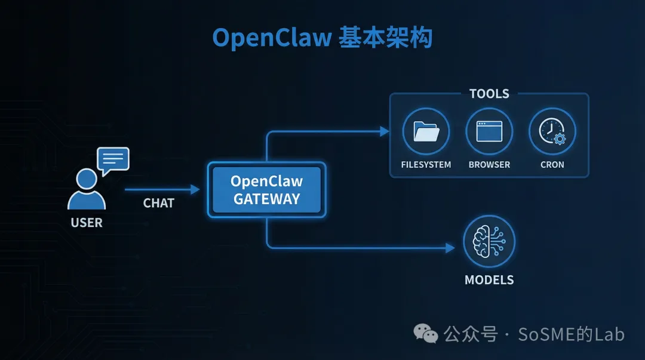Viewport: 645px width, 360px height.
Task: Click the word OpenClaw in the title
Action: pyautogui.click(x=272, y=38)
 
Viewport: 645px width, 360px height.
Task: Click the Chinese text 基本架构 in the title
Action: pyautogui.click(x=385, y=38)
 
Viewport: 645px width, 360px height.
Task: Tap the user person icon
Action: pyautogui.click(x=87, y=189)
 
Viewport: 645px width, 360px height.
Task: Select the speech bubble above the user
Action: pyautogui.click(x=113, y=160)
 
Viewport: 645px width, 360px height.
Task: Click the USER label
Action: pyautogui.click(x=87, y=223)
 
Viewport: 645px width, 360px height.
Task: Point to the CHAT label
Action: pyautogui.click(x=159, y=203)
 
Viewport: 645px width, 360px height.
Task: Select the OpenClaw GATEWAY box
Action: pyautogui.click(x=266, y=190)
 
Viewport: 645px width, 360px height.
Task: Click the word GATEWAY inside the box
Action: pyautogui.click(x=266, y=199)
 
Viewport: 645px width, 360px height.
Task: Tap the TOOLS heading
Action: pyautogui.click(x=489, y=94)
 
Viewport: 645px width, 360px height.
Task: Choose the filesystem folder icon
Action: pyautogui.click(x=426, y=131)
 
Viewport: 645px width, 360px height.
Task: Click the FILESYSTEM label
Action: pyautogui.click(x=426, y=164)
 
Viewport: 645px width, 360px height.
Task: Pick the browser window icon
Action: pyautogui.click(x=489, y=131)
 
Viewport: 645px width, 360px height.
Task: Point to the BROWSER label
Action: pyautogui.click(x=489, y=164)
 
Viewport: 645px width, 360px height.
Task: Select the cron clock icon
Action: pyautogui.click(x=552, y=131)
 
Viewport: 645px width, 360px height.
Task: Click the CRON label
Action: pyautogui.click(x=552, y=164)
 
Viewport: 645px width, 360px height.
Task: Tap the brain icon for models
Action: pyautogui.click(x=489, y=241)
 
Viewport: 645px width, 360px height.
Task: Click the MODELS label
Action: pyautogui.click(x=489, y=279)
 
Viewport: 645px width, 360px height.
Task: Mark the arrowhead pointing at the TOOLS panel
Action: pyautogui.click(x=385, y=131)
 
